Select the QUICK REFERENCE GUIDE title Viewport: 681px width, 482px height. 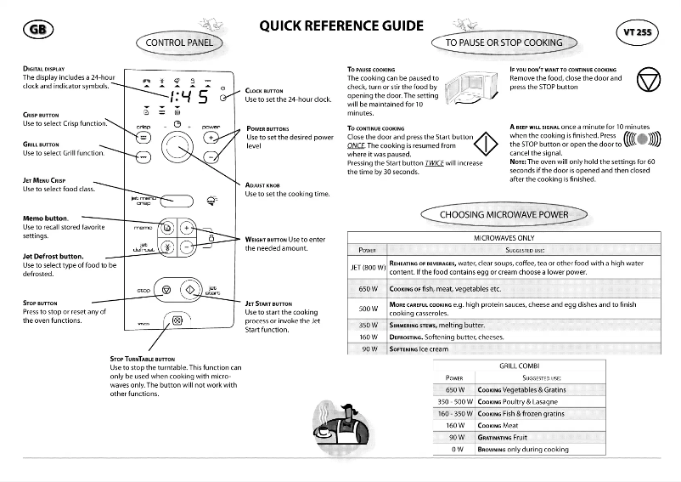(341, 26)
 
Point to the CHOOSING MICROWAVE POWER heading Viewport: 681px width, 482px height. (504, 214)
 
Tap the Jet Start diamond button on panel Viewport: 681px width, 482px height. (189, 290)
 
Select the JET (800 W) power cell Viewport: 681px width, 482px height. (368, 268)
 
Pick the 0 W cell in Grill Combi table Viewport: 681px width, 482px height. (455, 449)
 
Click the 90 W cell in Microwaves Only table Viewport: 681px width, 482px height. (368, 349)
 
